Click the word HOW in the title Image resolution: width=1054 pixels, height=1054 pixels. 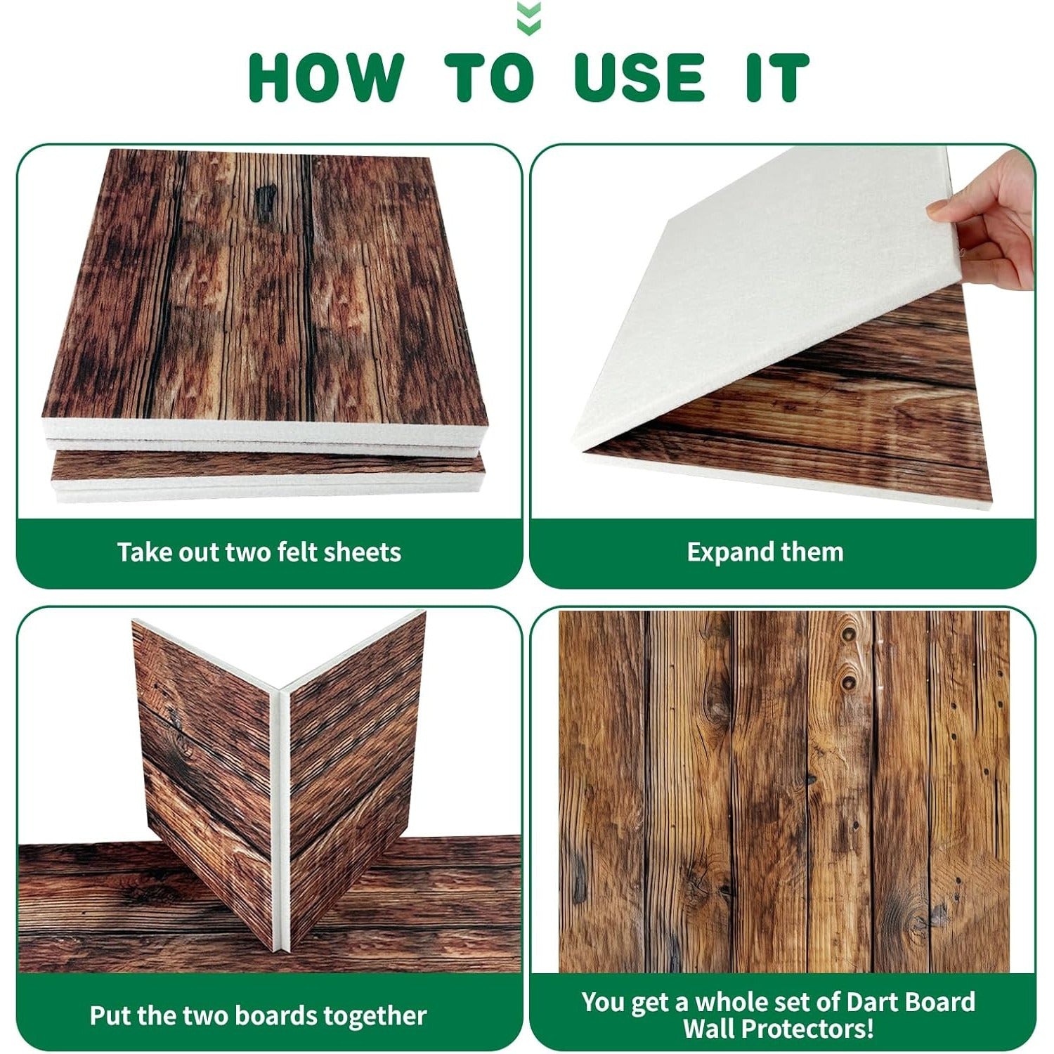pyautogui.click(x=327, y=77)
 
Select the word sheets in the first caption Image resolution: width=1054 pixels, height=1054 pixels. pyautogui.click(x=364, y=552)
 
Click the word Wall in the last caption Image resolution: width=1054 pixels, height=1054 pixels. pyautogui.click(x=710, y=1029)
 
